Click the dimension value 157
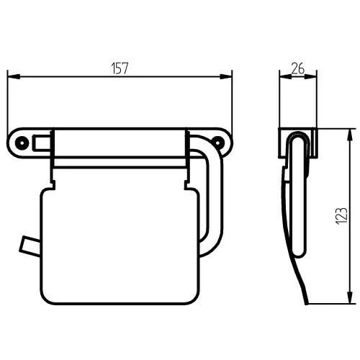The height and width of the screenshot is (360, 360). pos(120,68)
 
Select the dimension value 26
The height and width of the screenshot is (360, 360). pos(298,68)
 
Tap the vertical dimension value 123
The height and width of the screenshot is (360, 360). pos(341,216)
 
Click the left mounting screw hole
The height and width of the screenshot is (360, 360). pos(22,143)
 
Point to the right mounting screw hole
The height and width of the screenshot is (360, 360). pos(218,143)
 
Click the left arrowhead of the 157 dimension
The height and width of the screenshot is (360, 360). pos(14,76)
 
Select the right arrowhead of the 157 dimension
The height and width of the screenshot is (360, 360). pos(226,76)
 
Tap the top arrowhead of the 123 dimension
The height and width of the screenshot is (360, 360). pos(351,135)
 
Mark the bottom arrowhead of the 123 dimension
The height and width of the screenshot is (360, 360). pos(351,298)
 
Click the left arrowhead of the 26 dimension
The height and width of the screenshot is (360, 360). pos(286,76)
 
